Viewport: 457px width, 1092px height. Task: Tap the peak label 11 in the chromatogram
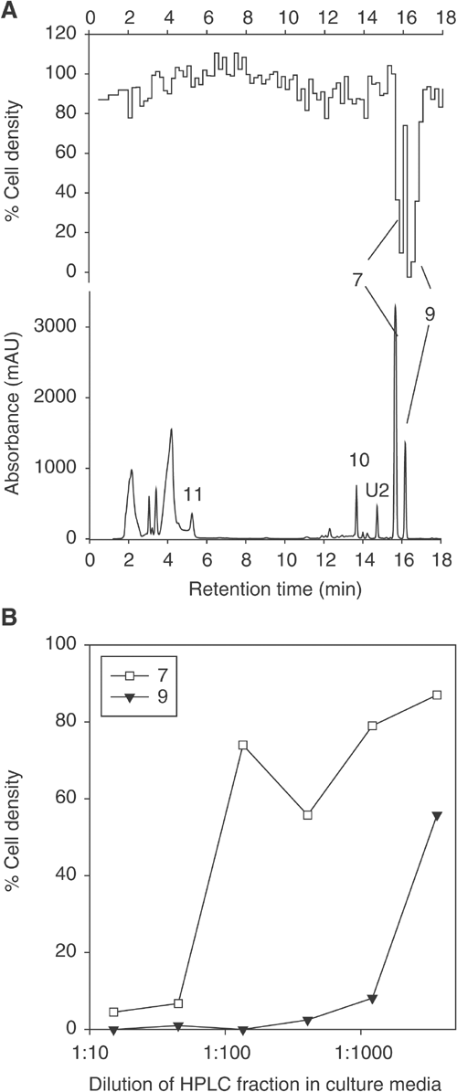point(192,494)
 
